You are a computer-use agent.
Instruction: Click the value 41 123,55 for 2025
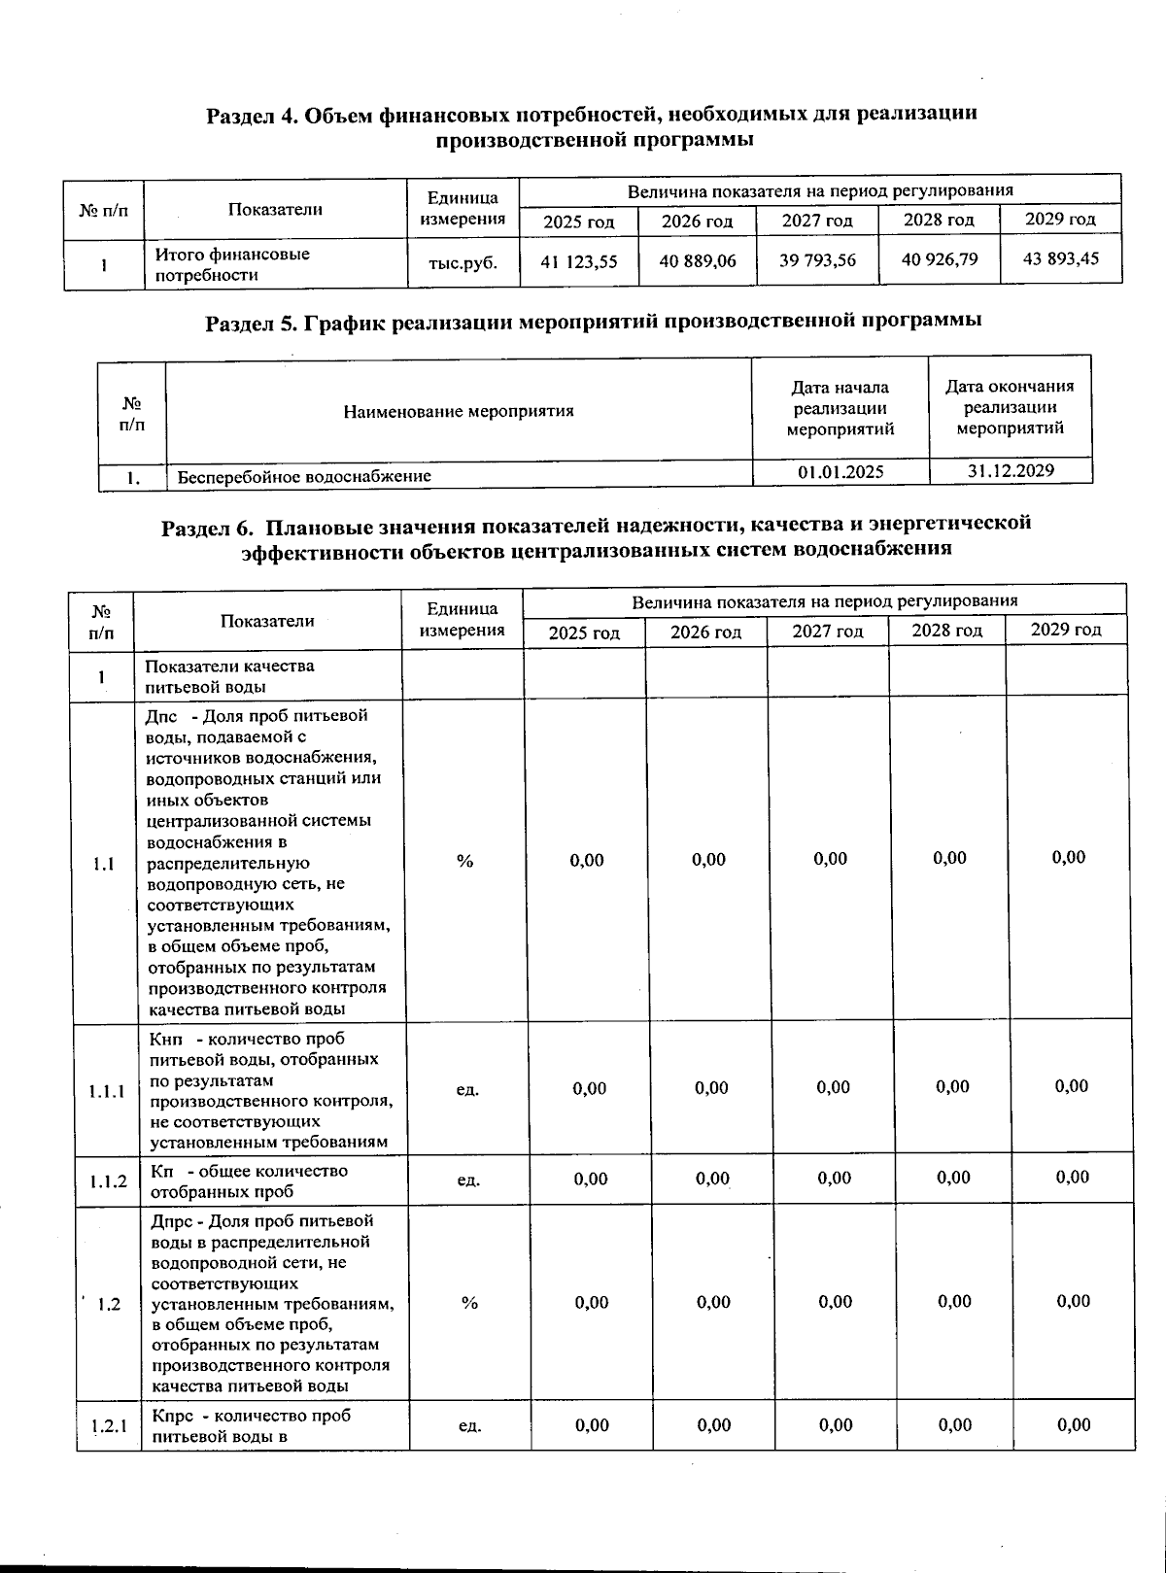coord(578,261)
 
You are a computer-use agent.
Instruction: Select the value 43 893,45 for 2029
coord(1060,258)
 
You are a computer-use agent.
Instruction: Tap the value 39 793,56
coord(817,259)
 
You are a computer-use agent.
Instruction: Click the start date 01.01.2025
coord(840,472)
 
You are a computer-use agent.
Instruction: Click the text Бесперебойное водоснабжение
coord(304,476)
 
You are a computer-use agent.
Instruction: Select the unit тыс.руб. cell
coord(463,262)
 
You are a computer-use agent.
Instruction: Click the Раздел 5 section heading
coord(593,321)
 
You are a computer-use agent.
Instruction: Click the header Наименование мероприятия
coord(459,411)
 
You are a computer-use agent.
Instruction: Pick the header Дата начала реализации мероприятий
coord(840,408)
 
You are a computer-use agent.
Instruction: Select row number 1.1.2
coord(108,1181)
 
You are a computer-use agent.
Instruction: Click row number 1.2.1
coord(110,1427)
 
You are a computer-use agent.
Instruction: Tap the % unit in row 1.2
coord(469,1303)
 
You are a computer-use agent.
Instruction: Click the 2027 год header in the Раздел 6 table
coord(827,632)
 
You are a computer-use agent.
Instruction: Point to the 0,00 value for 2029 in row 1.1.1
coord(1071,1086)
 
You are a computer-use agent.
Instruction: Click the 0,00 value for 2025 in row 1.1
coord(587,860)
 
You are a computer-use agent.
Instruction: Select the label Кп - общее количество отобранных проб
coord(249,1181)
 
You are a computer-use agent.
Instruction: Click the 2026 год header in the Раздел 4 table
coord(697,222)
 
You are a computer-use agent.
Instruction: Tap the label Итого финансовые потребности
coord(232,264)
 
